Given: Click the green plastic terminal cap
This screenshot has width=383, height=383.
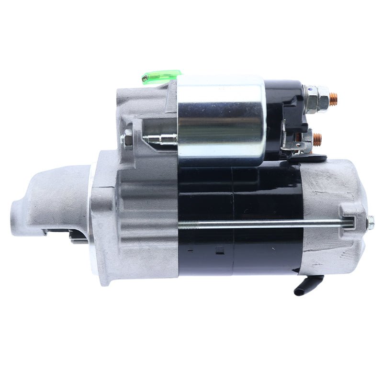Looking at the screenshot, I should click(160, 76).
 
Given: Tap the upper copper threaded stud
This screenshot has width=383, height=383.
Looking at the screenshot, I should click(333, 99).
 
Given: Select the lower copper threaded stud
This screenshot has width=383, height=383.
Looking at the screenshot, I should click(317, 139).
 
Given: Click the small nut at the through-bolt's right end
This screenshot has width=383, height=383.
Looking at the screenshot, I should click(370, 222).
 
